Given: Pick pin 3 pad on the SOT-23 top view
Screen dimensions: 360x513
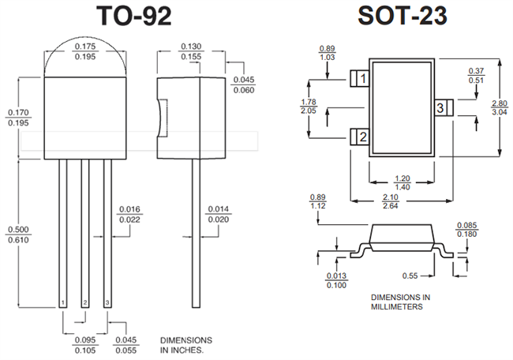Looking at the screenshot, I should pyautogui.click(x=442, y=107).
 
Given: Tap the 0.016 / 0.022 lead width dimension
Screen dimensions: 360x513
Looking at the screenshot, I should pyautogui.click(x=129, y=214).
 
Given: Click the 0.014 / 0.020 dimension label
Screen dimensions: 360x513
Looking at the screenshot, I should pyautogui.click(x=219, y=214).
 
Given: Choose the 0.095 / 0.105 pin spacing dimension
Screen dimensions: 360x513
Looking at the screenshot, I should pyautogui.click(x=86, y=345).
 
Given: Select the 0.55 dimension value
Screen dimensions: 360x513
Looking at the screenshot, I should pyautogui.click(x=408, y=276).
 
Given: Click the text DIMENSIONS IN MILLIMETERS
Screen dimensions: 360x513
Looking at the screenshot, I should pyautogui.click(x=400, y=302).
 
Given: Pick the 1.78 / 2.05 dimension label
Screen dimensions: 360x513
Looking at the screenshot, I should pyautogui.click(x=309, y=107).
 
